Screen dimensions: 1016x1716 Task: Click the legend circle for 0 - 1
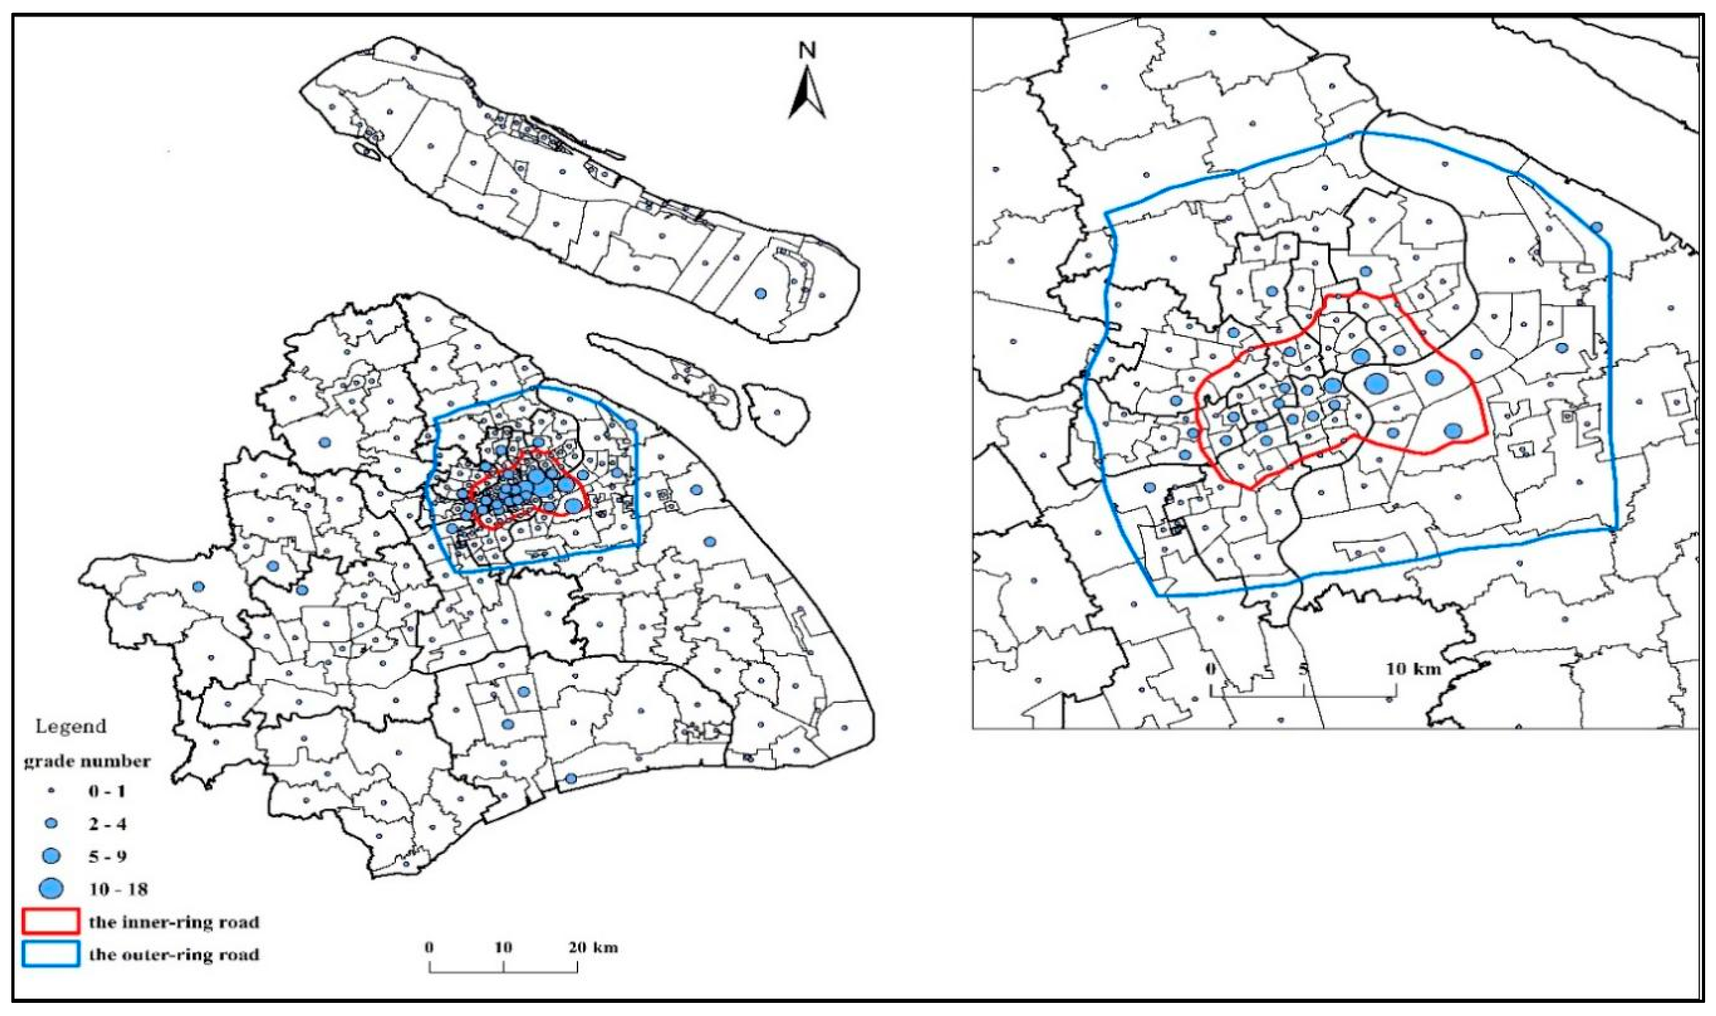point(51,791)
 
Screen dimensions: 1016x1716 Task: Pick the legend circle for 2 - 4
point(51,823)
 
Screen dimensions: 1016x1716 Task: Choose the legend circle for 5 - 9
point(51,856)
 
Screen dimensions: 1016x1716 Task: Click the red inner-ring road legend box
point(51,921)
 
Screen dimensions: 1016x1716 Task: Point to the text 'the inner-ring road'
point(174,922)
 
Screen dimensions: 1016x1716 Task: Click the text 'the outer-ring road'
point(174,955)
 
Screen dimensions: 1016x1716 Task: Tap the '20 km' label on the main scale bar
point(593,948)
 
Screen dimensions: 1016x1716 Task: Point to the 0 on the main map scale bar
point(430,948)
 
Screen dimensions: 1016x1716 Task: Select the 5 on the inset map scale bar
point(1304,668)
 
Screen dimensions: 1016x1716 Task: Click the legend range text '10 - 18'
point(118,889)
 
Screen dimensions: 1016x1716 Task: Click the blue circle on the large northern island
point(760,294)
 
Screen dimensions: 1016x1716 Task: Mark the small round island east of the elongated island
point(777,412)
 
